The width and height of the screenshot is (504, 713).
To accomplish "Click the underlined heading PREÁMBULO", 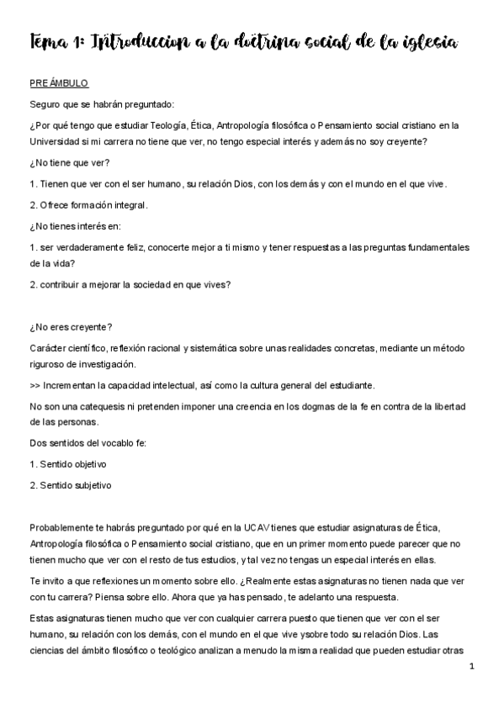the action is click(x=58, y=84).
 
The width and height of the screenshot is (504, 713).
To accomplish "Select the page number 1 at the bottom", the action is click(x=473, y=667).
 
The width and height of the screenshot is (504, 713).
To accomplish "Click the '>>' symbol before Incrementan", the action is click(x=34, y=385).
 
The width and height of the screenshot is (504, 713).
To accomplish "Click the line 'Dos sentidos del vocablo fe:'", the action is click(x=88, y=443).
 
